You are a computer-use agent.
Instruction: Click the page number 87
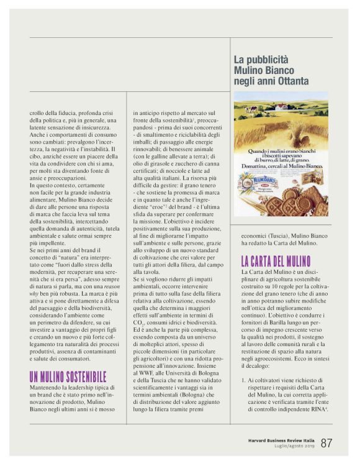(x=327, y=443)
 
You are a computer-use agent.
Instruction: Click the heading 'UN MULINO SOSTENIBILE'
(x=68, y=377)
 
